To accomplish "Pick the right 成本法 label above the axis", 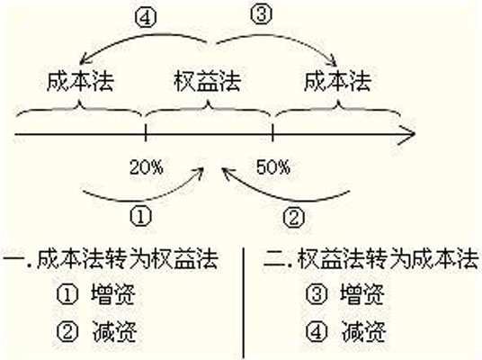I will (338, 83).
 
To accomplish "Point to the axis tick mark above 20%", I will (146, 135).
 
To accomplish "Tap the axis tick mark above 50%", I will (272, 135).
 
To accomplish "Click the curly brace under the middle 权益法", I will (209, 112).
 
